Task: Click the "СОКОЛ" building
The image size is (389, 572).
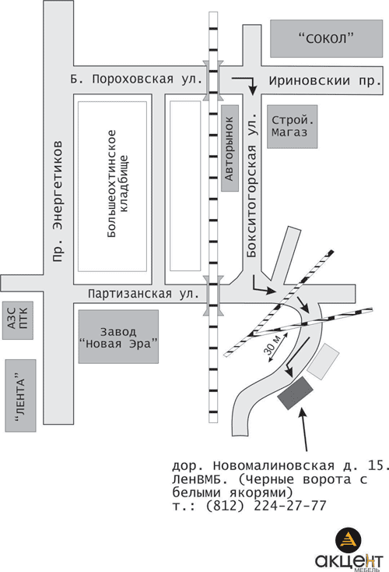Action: pyautogui.click(x=326, y=38)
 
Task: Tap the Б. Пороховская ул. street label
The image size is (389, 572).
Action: pyautogui.click(x=136, y=79)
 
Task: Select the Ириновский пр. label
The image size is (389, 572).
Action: pyautogui.click(x=325, y=80)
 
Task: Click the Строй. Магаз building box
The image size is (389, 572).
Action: pyautogui.click(x=292, y=126)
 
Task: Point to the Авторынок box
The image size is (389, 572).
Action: pyautogui.click(x=230, y=149)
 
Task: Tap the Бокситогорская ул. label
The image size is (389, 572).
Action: pyautogui.click(x=252, y=185)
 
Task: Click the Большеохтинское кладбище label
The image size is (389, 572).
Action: pyautogui.click(x=117, y=183)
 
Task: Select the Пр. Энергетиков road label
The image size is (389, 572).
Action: pyautogui.click(x=58, y=201)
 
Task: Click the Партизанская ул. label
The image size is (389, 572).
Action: pyautogui.click(x=143, y=294)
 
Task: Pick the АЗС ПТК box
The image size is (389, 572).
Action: pyautogui.click(x=17, y=320)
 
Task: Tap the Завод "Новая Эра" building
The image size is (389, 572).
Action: pyautogui.click(x=119, y=337)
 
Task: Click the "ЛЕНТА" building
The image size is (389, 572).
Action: pyautogui.click(x=20, y=395)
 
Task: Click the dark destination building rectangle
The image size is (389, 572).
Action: pyautogui.click(x=296, y=393)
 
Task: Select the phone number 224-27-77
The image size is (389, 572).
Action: pyautogui.click(x=290, y=506)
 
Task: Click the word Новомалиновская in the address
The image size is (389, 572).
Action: pyautogui.click(x=274, y=466)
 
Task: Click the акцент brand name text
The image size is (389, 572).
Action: pyautogui.click(x=349, y=560)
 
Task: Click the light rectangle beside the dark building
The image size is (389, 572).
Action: pyautogui.click(x=323, y=361)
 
